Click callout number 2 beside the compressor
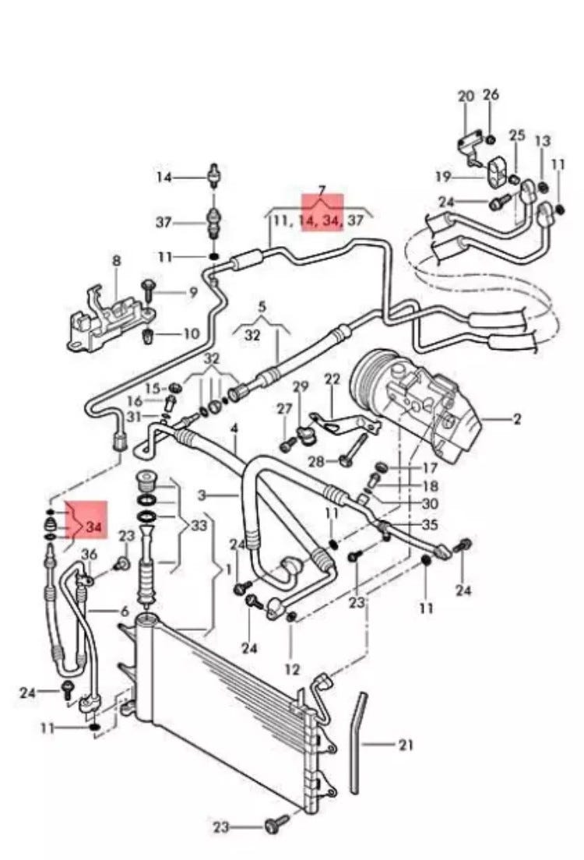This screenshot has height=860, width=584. [x=516, y=420]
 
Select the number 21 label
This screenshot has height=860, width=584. [x=405, y=745]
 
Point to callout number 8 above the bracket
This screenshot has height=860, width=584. [x=116, y=260]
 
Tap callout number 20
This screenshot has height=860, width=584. [x=466, y=97]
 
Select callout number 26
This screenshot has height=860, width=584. [x=491, y=95]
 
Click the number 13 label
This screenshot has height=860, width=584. [x=543, y=141]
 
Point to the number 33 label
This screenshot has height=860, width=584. [x=199, y=525]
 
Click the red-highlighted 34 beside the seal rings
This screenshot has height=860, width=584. [x=94, y=527]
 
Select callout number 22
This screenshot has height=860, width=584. [x=332, y=379]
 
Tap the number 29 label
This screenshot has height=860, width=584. [x=301, y=387]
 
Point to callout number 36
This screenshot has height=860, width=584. [x=90, y=554]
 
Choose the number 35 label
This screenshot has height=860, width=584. [x=429, y=525]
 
